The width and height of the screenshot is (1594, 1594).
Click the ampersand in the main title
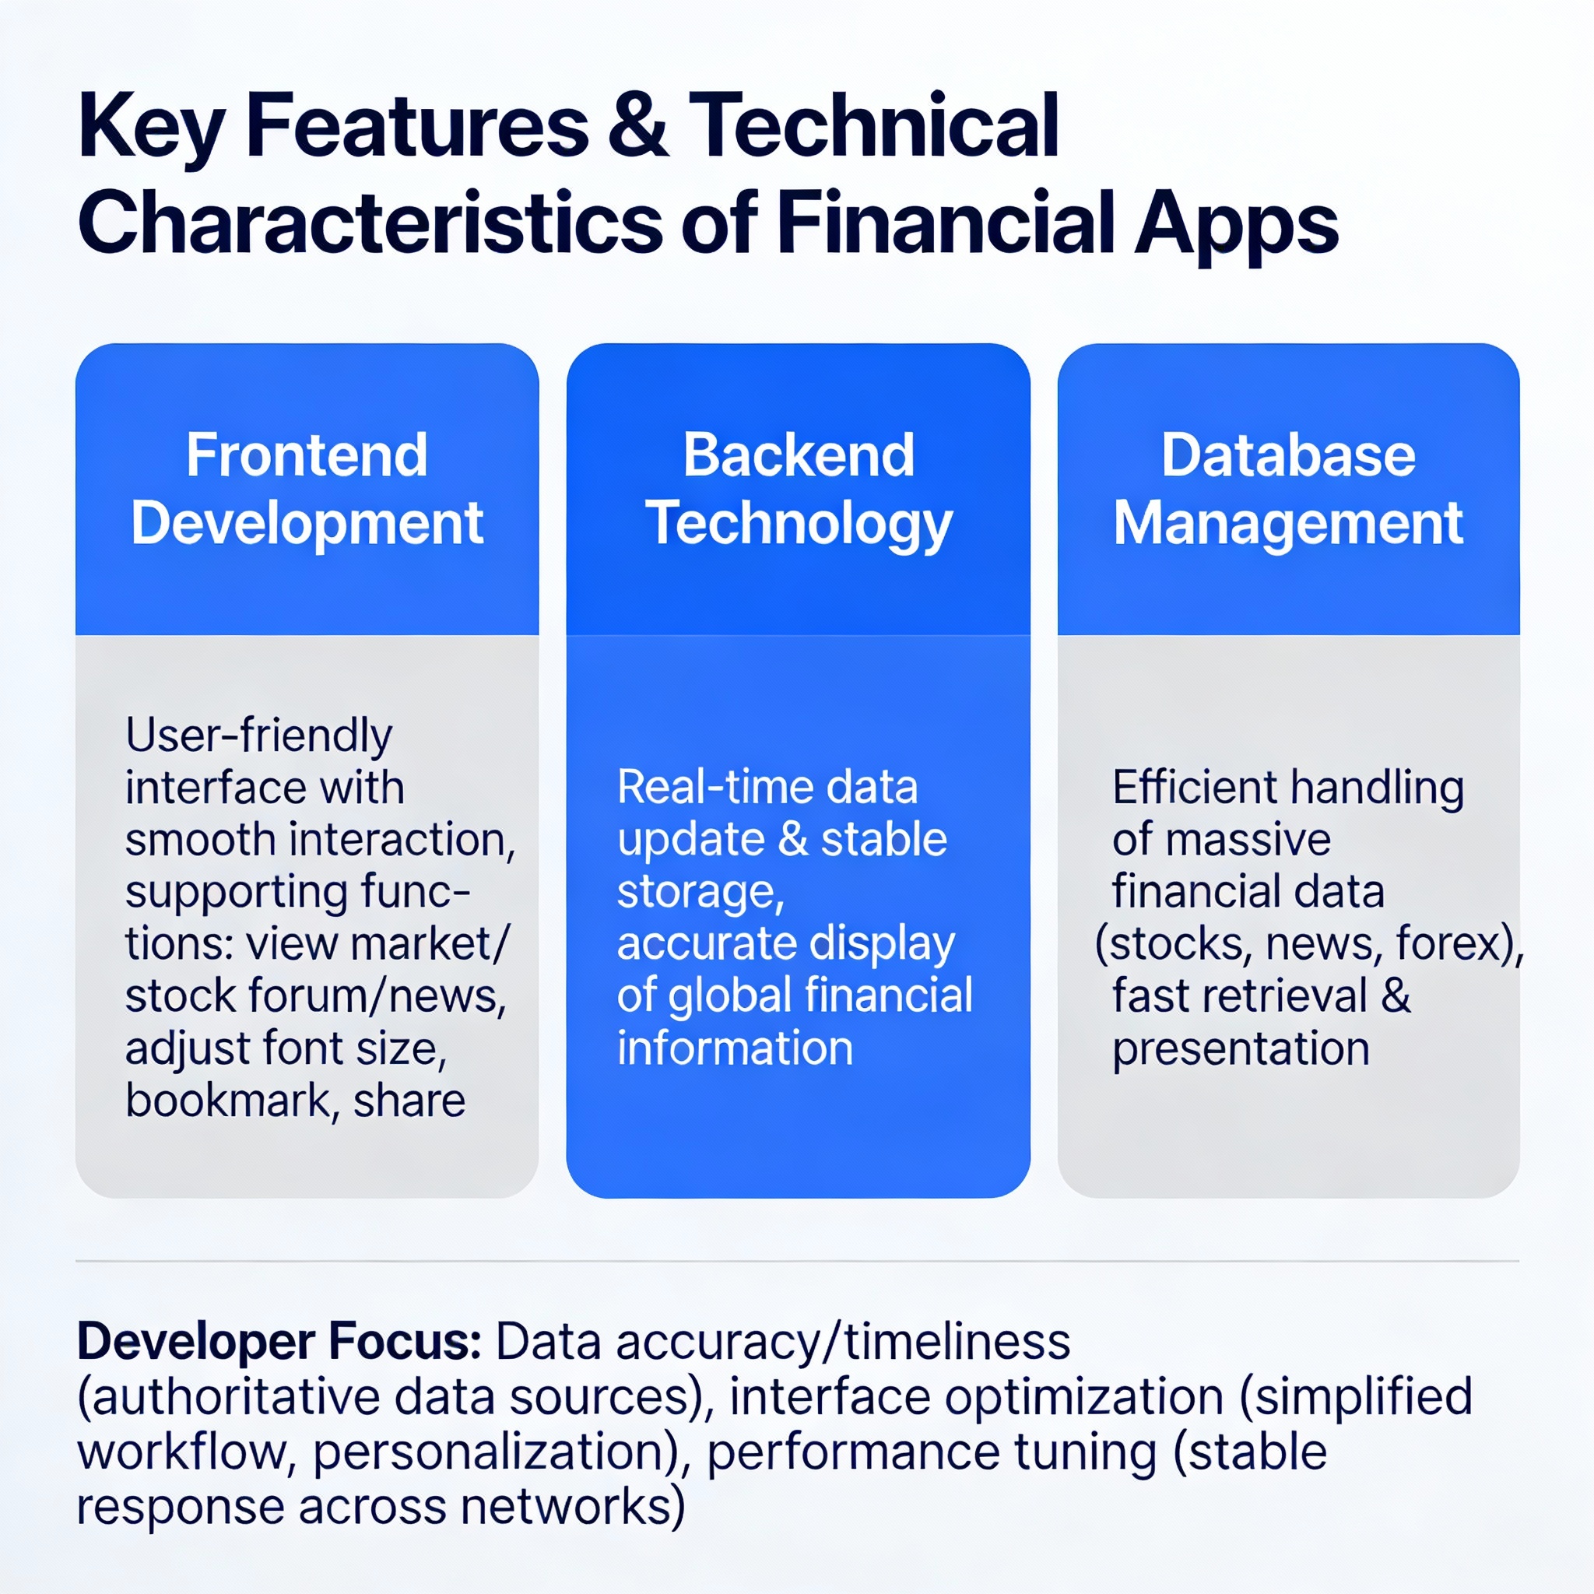pos(637,126)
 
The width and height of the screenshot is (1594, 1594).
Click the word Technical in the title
pos(874,125)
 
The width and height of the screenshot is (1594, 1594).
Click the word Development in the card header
pos(307,525)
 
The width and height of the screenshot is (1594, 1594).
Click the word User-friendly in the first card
pos(259,736)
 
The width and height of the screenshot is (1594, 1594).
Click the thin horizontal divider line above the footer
pos(797,1262)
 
